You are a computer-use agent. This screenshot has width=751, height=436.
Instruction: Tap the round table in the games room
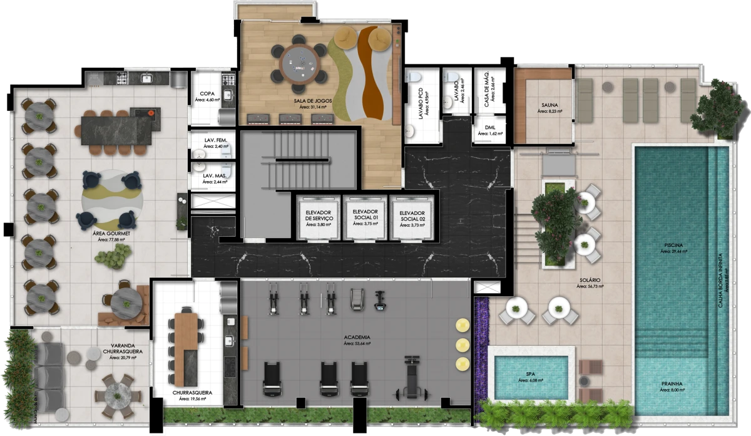(x=299, y=61)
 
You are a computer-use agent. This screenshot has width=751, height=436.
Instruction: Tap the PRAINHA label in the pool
(x=671, y=383)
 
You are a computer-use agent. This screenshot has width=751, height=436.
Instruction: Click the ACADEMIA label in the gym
(x=357, y=337)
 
